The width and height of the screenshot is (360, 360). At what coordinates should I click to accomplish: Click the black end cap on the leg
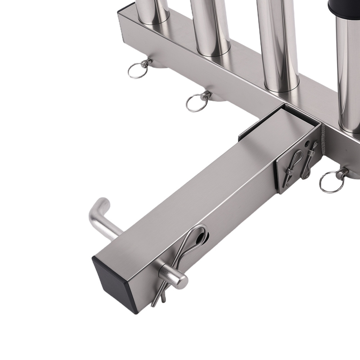pos(114,281)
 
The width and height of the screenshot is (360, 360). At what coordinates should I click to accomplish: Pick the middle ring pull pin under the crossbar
pos(198,102)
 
